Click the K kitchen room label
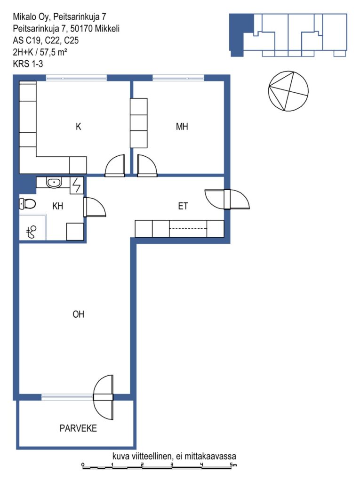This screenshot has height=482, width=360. (79, 126)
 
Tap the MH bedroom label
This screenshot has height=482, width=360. (182, 126)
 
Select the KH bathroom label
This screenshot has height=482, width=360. (57, 206)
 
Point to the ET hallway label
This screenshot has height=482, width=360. (183, 206)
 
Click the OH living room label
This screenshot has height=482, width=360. (79, 314)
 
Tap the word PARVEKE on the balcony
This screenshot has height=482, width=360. (78, 428)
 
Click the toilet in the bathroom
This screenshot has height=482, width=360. (27, 203)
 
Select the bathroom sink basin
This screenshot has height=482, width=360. (54, 183)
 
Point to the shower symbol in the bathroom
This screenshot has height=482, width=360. (32, 232)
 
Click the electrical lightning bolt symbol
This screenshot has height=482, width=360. (77, 185)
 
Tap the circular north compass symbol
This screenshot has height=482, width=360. (288, 91)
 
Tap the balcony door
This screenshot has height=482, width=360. (104, 397)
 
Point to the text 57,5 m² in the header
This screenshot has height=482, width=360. (54, 52)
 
